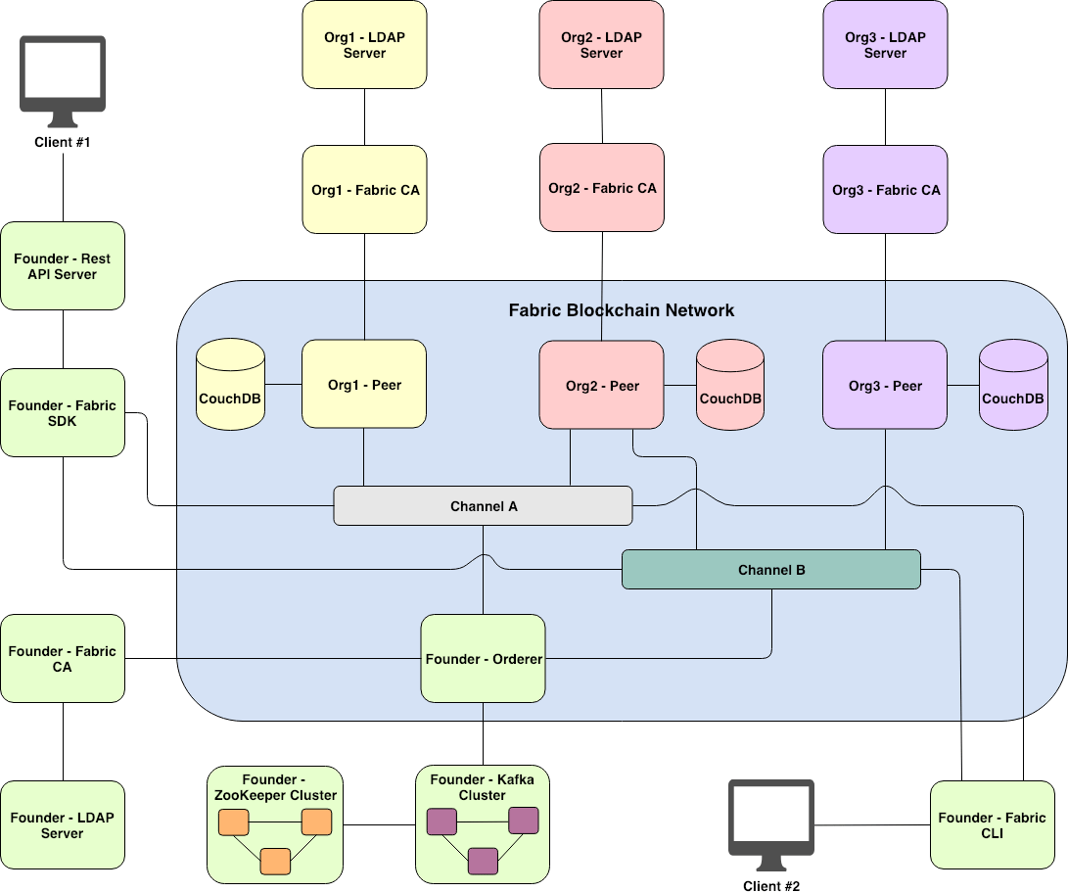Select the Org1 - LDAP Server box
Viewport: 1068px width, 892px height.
click(x=364, y=45)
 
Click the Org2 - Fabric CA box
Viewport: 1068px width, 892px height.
click(x=602, y=188)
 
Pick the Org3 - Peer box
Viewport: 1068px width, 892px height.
click(x=885, y=385)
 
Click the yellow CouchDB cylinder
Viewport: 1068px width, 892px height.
click(x=230, y=386)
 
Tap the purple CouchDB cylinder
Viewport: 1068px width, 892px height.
click(x=1013, y=386)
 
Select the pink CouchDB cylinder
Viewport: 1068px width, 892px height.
click(x=730, y=386)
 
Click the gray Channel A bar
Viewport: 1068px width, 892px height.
click(x=484, y=506)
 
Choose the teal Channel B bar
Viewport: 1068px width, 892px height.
click(x=771, y=569)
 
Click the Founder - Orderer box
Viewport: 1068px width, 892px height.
click(x=484, y=659)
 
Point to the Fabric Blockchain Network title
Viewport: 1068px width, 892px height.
click(x=621, y=310)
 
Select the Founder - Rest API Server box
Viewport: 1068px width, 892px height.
click(x=63, y=266)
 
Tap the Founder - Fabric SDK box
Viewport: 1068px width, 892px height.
click(x=63, y=413)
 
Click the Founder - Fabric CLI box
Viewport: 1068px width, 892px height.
click(x=992, y=824)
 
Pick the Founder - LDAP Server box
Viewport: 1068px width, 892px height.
click(x=63, y=824)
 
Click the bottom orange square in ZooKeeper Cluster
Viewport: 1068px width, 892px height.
click(x=275, y=861)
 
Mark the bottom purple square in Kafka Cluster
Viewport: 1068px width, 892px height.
click(x=483, y=861)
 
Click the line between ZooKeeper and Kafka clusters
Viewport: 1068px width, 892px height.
click(x=380, y=824)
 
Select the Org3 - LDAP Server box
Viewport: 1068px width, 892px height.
click(x=885, y=45)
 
